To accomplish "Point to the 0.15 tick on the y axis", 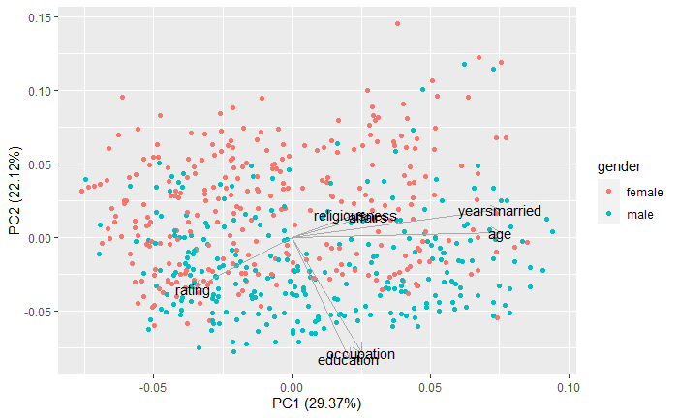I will [41, 17].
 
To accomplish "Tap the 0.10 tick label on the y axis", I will [41, 91].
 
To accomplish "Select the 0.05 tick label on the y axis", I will [41, 164].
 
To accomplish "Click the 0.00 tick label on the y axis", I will [41, 238].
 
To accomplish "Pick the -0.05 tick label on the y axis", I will [39, 312].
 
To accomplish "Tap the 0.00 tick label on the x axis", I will [292, 383].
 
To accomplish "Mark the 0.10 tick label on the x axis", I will [568, 383].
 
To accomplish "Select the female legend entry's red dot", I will [609, 192].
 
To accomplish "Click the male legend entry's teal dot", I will [609, 213].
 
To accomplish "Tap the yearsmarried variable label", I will [500, 211].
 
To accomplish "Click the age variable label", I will [500, 235].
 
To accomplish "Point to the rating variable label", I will [193, 290].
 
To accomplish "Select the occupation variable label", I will [360, 354].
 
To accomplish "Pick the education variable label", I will [348, 361].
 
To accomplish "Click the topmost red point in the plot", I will [397, 24].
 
